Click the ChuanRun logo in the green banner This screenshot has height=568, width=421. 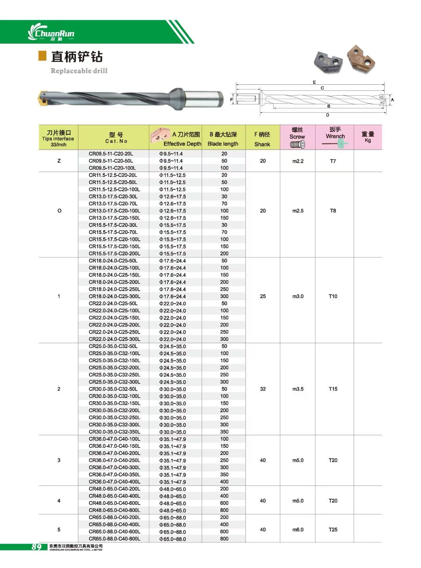point(51,33)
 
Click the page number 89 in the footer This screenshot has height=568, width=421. point(37,547)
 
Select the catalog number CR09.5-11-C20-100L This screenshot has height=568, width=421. point(112,168)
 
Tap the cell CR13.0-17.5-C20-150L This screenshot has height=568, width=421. point(114,218)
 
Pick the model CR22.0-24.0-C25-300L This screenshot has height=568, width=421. point(114,339)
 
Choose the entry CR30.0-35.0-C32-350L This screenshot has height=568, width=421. point(114,432)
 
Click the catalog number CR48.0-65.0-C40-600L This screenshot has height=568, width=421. point(114,503)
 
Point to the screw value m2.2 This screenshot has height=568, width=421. point(298,161)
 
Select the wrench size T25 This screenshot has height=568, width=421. point(333,530)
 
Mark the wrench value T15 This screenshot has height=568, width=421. point(333,389)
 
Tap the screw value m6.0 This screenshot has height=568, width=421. point(298,530)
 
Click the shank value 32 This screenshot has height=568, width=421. point(263,389)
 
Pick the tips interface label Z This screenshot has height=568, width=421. point(59,161)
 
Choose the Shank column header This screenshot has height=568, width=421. point(262,139)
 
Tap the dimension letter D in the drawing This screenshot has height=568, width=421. point(328,115)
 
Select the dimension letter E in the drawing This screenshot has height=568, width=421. point(314,82)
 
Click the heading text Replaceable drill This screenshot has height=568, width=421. point(79,71)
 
